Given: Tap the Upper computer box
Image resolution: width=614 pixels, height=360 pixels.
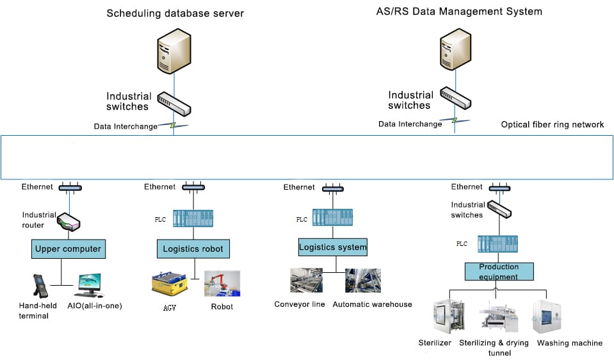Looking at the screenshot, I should click(x=68, y=249).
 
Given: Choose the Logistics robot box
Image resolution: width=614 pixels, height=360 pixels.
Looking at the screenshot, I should click(x=192, y=249).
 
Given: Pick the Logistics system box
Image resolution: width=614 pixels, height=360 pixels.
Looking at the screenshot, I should click(x=333, y=247).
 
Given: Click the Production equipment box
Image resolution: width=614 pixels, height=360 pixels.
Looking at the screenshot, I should click(x=499, y=272).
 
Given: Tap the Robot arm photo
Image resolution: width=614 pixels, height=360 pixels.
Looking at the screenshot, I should click(x=222, y=284).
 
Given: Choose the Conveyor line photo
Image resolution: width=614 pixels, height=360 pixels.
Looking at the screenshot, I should click(x=306, y=281).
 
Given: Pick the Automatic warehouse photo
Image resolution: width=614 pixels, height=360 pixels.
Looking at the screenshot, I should click(x=362, y=281).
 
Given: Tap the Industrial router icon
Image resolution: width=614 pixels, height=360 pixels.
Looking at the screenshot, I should click(x=68, y=222).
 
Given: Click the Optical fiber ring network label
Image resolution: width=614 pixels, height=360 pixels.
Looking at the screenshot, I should click(x=552, y=124).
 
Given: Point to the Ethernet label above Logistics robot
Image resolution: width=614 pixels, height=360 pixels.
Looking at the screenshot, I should click(x=159, y=187).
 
